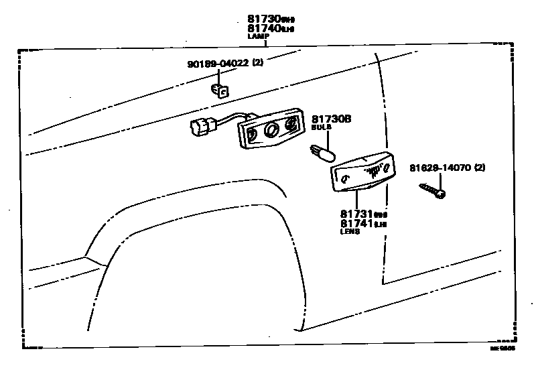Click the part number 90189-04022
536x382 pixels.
coord(218,64)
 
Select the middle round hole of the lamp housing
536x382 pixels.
coord(273,129)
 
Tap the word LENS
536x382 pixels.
coord(350,231)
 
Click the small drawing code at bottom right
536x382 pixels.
coord(503,349)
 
